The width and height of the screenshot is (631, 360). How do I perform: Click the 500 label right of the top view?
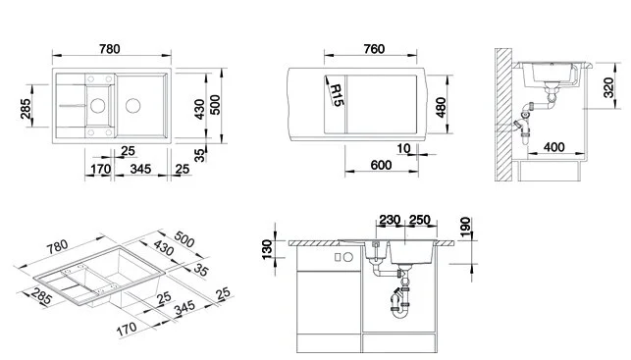click(229, 104)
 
